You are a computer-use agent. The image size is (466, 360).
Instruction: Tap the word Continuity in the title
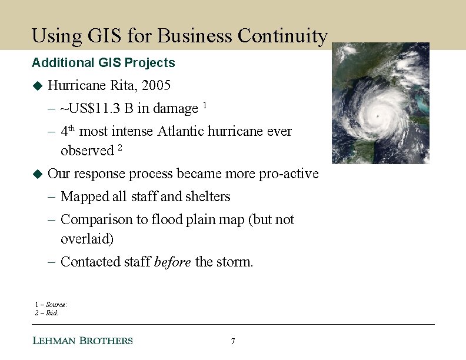[x=282, y=36]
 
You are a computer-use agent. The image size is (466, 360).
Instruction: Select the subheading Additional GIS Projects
[x=104, y=62]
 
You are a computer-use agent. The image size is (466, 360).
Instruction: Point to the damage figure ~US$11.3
[x=91, y=109]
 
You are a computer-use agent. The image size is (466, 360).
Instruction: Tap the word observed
[x=86, y=151]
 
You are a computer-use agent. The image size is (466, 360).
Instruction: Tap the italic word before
[x=172, y=262]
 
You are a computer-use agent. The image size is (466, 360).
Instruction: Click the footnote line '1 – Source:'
[x=51, y=305]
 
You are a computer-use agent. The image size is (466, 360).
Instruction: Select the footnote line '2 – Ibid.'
[x=47, y=312]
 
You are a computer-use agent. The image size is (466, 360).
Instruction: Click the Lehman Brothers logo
[x=82, y=341]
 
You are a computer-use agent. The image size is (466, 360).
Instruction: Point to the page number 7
[x=233, y=341]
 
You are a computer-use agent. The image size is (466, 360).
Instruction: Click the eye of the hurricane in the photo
[x=377, y=116]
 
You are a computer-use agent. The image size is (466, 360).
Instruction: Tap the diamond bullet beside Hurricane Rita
[x=38, y=86]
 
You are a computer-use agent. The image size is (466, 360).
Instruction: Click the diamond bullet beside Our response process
[x=38, y=174]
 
